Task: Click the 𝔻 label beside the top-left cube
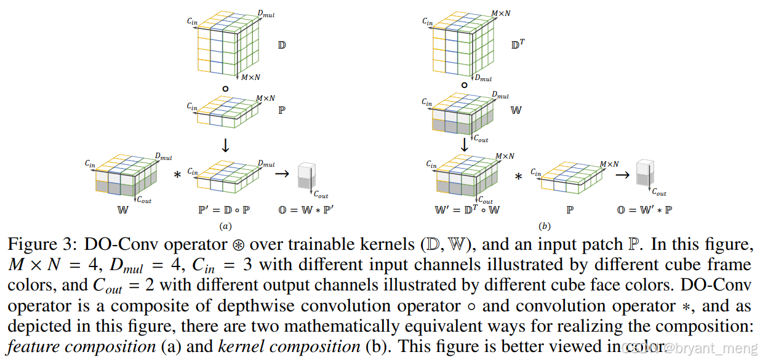coord(282,46)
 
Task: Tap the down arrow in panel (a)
coord(225,145)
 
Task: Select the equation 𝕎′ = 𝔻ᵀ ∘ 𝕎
coord(467,210)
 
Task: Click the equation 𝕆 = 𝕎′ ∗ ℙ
coord(645,210)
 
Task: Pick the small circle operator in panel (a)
coord(225,89)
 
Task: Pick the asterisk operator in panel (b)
coord(518,177)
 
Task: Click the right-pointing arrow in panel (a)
coord(282,174)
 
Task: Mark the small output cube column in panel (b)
coord(644,174)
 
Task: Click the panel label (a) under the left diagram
coord(225,226)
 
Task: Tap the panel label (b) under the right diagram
coord(543,226)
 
